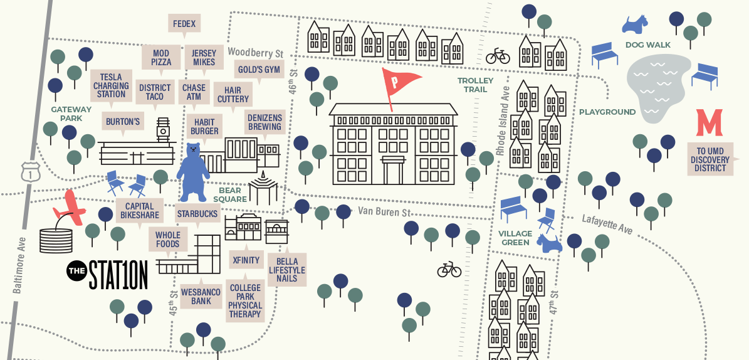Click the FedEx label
coord(184,24)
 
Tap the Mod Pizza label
coord(161,58)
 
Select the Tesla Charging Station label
coord(112,85)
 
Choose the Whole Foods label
coord(168,240)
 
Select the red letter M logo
coord(710,122)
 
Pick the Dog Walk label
coord(647,45)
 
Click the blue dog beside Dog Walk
coord(634,24)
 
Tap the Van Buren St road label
coord(384,212)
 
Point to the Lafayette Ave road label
coord(607,223)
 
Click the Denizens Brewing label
coord(265,122)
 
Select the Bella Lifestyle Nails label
coord(287,270)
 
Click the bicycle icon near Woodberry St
coord(498,56)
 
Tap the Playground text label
coord(607,112)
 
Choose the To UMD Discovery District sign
coord(710,159)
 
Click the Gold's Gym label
coord(259,69)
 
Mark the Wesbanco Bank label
coord(201,296)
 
